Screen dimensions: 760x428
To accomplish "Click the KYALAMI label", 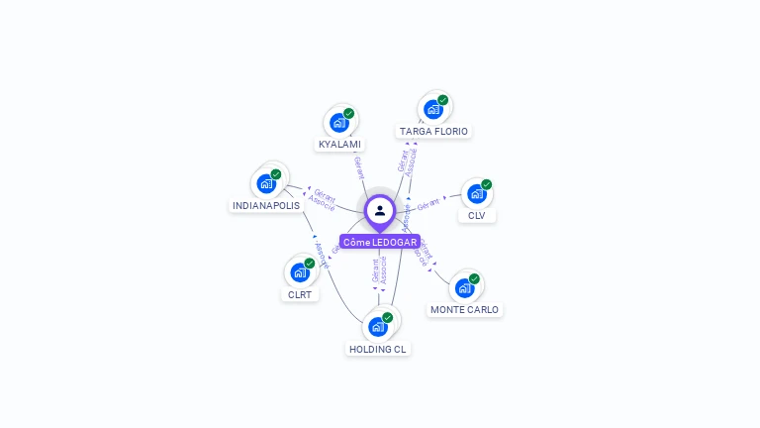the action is coord(338,145).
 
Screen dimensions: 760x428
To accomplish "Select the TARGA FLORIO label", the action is coord(433,131).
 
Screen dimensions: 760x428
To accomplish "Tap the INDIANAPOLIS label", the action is coord(265,205).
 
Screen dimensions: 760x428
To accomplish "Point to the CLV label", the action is coord(477,215).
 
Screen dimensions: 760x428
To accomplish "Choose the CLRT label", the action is coord(299,294).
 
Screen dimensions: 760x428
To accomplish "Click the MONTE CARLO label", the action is coord(464,309).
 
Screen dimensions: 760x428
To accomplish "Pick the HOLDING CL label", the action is coord(377,349).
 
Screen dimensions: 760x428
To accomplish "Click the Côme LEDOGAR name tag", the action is coord(379,242).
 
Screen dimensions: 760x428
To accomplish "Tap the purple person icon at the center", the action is coord(380,210).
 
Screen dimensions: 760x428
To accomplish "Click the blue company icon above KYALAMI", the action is coord(338,123).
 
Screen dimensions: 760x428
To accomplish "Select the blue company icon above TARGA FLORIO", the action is coord(432,109).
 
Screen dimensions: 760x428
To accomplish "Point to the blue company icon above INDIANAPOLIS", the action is coord(266,183).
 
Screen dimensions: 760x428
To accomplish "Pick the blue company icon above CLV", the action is coord(476,193).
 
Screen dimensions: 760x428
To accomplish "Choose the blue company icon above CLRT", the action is coord(299,272).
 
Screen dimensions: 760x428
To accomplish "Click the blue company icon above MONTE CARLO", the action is coord(463,288).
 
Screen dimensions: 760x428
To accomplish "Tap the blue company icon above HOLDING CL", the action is coord(377,326).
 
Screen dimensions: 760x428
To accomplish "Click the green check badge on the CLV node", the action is coord(487,184).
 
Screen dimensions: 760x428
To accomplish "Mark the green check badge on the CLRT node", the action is coord(310,264).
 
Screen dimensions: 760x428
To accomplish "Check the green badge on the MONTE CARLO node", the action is coord(474,279).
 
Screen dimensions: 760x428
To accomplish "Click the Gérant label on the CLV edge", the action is coord(427,205).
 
